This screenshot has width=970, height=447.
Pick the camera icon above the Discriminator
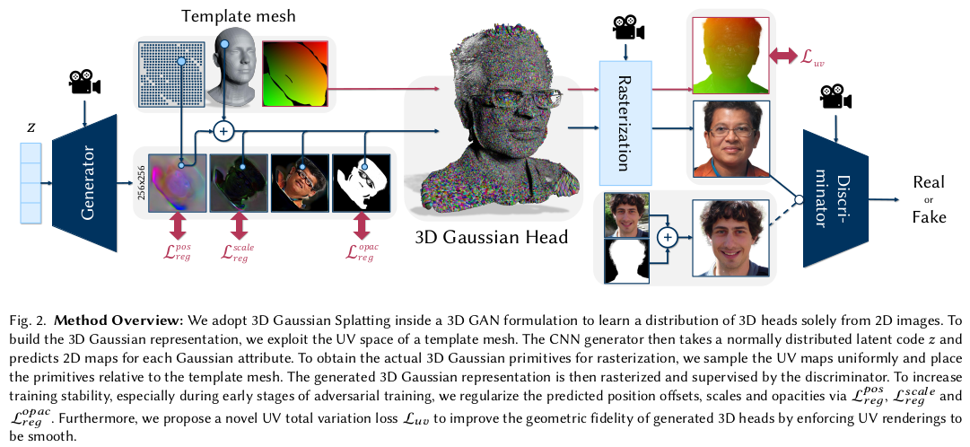pos(835,95)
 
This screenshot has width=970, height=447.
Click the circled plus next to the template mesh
pos(224,132)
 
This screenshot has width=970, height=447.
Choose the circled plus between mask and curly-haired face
pos(667,238)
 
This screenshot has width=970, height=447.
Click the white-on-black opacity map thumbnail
pos(363,182)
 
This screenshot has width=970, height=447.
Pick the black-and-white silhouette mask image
pos(626,260)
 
